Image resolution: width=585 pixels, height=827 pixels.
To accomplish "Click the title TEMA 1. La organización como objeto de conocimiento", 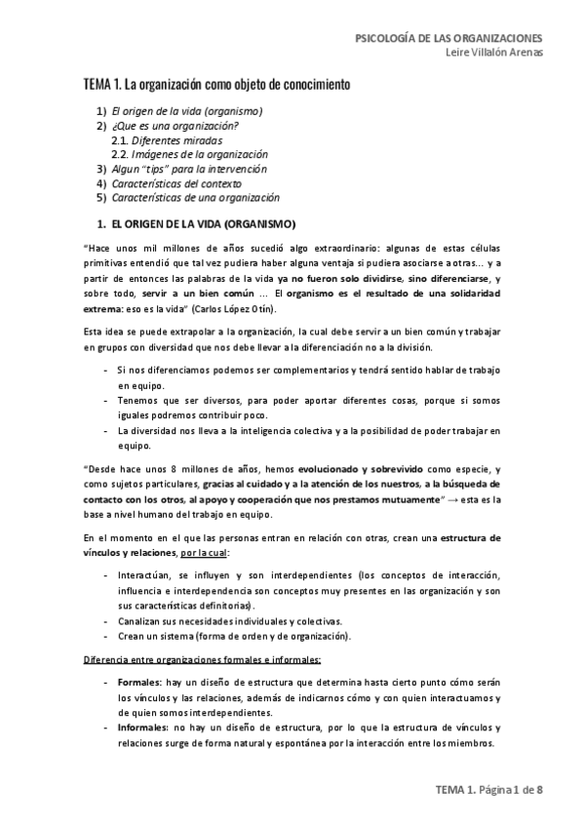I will click(216, 86).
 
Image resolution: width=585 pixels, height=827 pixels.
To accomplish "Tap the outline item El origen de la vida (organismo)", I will click(187, 111).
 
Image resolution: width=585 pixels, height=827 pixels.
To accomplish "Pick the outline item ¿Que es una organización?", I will click(176, 126).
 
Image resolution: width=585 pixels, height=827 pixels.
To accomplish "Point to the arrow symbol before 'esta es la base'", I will click(452, 498).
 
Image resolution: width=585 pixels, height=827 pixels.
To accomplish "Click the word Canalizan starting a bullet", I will click(141, 621).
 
